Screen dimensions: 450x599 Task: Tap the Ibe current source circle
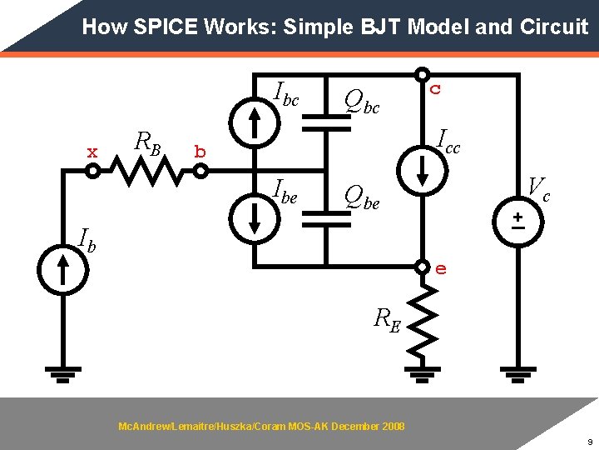click(256, 218)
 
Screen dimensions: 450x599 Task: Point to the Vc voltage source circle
click(517, 219)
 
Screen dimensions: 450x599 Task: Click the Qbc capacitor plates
click(327, 122)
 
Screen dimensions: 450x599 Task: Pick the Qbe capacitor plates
click(327, 218)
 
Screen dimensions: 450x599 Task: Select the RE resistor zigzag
click(423, 320)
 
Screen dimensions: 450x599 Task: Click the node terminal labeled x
click(93, 171)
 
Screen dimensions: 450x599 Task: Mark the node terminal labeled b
click(200, 171)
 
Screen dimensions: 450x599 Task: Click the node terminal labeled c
click(423, 75)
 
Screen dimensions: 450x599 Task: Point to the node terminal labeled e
click(423, 267)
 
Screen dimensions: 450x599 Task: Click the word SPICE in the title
click(167, 27)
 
